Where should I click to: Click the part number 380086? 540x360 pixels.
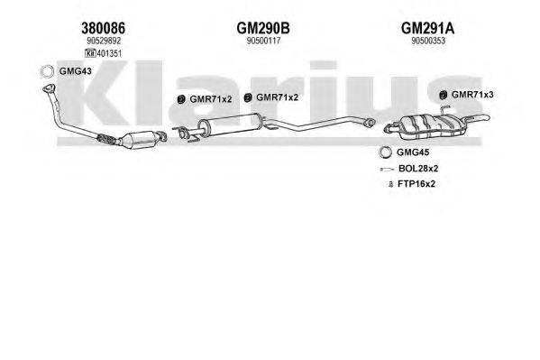(x=104, y=28)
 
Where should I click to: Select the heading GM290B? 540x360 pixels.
(x=263, y=28)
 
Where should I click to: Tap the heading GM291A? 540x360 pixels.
(x=427, y=28)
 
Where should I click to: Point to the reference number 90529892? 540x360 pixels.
(x=104, y=41)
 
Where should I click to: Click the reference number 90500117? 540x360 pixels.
(x=264, y=41)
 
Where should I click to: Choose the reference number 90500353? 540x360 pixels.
(x=428, y=41)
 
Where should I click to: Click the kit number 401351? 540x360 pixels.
(x=109, y=53)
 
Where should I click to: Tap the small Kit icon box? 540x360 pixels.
(x=90, y=53)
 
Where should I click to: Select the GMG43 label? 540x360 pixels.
(x=76, y=71)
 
